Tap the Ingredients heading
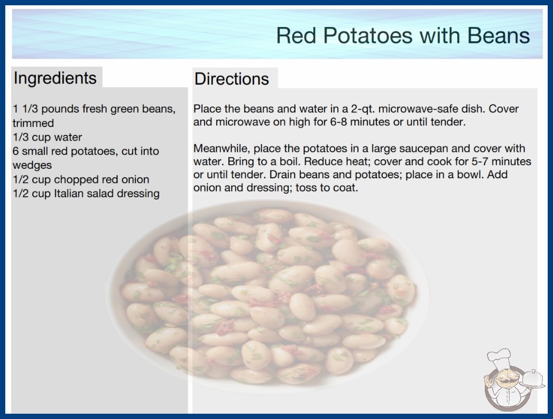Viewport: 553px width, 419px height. pyautogui.click(x=55, y=78)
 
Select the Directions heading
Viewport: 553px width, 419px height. pyautogui.click(x=232, y=79)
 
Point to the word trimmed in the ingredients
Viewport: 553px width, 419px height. pyautogui.click(x=33, y=123)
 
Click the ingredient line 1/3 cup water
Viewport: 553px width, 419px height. pyautogui.click(x=47, y=137)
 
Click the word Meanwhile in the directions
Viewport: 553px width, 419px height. pyautogui.click(x=222, y=148)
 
